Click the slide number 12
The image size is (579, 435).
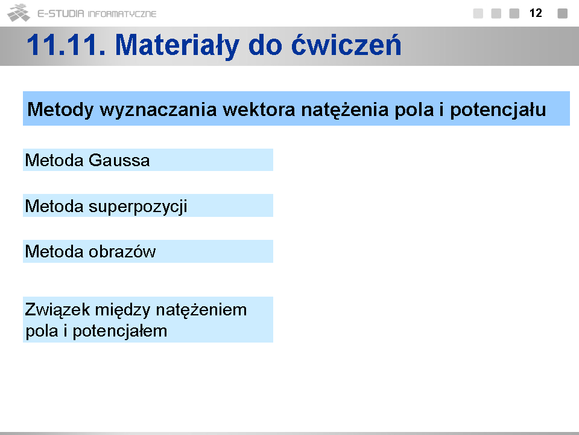pyautogui.click(x=536, y=13)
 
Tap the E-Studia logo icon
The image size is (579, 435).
pyautogui.click(x=19, y=13)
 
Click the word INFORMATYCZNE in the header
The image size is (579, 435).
pyautogui.click(x=122, y=14)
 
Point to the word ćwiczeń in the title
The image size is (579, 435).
pyautogui.click(x=346, y=45)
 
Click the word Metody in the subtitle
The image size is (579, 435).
pyautogui.click(x=60, y=110)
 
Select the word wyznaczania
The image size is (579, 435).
pyautogui.click(x=158, y=110)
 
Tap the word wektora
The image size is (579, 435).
pyautogui.click(x=259, y=109)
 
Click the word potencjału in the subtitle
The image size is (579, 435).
pyautogui.click(x=498, y=110)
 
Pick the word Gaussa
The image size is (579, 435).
pyautogui.click(x=119, y=160)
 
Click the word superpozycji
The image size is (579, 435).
pyautogui.click(x=138, y=207)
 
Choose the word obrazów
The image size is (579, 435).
pyautogui.click(x=122, y=251)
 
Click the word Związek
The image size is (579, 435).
pyautogui.click(x=57, y=310)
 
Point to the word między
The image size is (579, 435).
pyautogui.click(x=122, y=310)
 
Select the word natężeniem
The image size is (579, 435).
pyautogui.click(x=201, y=310)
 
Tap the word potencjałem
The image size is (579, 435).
pyautogui.click(x=119, y=331)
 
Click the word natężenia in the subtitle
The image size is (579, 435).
pyautogui.click(x=344, y=110)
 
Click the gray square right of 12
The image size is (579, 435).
pyautogui.click(x=562, y=13)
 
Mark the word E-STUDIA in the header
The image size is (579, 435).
pyautogui.click(x=61, y=14)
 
